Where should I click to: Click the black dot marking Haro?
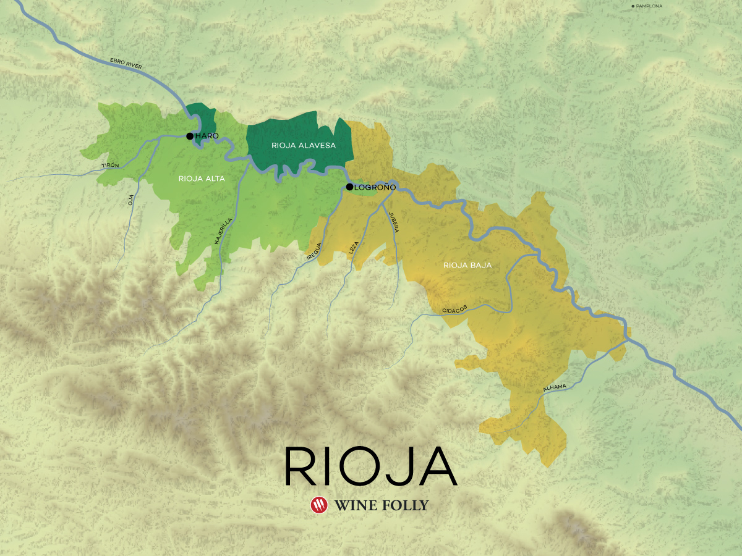(190, 136)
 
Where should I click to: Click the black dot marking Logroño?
(349, 187)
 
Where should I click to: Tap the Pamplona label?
(647, 6)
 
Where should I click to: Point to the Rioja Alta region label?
(202, 179)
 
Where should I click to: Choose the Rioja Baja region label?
(467, 265)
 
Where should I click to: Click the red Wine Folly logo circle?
(319, 505)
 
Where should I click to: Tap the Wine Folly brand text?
(381, 505)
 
